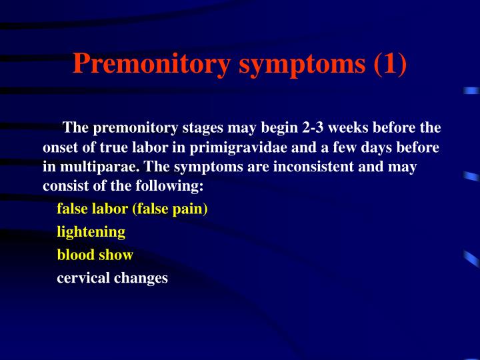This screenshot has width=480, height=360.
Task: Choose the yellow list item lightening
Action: coord(91,231)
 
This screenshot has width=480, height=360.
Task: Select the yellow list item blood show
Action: coord(95,255)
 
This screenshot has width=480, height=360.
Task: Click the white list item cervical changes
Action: coord(112,278)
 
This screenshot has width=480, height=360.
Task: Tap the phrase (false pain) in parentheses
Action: coord(170,209)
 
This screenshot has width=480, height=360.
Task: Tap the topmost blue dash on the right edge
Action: coord(472,90)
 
